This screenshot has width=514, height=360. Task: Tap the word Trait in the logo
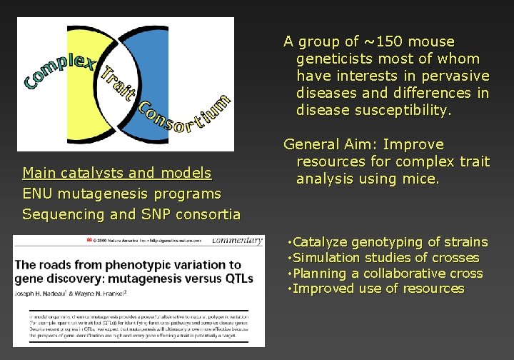pos(118,85)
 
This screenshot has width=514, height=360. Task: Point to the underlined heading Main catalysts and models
pos(117,173)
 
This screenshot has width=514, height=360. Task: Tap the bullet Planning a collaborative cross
pos(388,274)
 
